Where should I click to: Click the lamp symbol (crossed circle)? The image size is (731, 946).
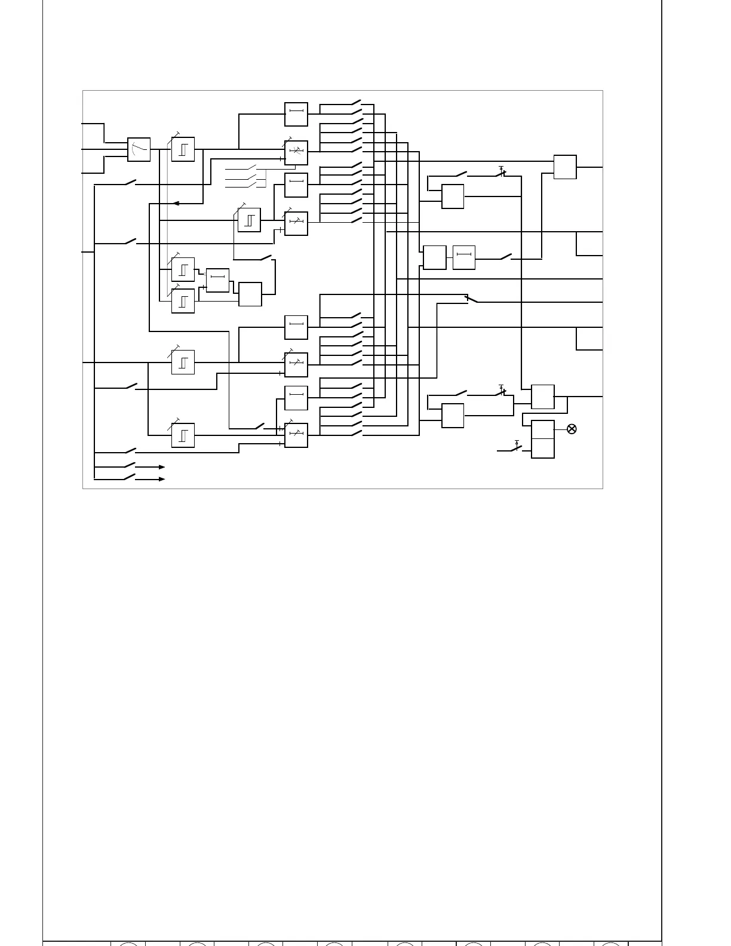pyautogui.click(x=572, y=429)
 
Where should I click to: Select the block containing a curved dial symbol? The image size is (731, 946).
pyautogui.click(x=139, y=149)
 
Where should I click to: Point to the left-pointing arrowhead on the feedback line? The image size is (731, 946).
pyautogui.click(x=176, y=203)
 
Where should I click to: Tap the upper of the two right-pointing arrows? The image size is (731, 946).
pyautogui.click(x=161, y=467)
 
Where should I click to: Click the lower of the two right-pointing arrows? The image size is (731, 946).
pyautogui.click(x=161, y=479)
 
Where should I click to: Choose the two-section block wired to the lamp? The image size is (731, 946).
pyautogui.click(x=542, y=439)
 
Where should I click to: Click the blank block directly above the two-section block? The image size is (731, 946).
pyautogui.click(x=542, y=397)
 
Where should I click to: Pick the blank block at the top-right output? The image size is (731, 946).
pyautogui.click(x=564, y=167)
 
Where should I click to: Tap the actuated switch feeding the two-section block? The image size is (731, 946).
pyautogui.click(x=516, y=447)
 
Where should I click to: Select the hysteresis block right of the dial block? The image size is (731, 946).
pyautogui.click(x=183, y=149)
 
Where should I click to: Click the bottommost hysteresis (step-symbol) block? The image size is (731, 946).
pyautogui.click(x=183, y=435)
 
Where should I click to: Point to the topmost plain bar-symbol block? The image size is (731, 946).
pyautogui.click(x=296, y=114)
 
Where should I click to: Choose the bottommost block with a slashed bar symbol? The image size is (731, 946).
pyautogui.click(x=296, y=435)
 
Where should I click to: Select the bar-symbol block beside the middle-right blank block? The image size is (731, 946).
pyautogui.click(x=463, y=257)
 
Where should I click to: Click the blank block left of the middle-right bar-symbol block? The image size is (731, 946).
pyautogui.click(x=434, y=257)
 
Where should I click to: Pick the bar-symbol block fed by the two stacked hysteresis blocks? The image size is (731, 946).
pyautogui.click(x=217, y=280)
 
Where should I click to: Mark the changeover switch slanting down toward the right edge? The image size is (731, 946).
pyautogui.click(x=471, y=299)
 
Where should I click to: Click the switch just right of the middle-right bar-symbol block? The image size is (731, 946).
pyautogui.click(x=505, y=257)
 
